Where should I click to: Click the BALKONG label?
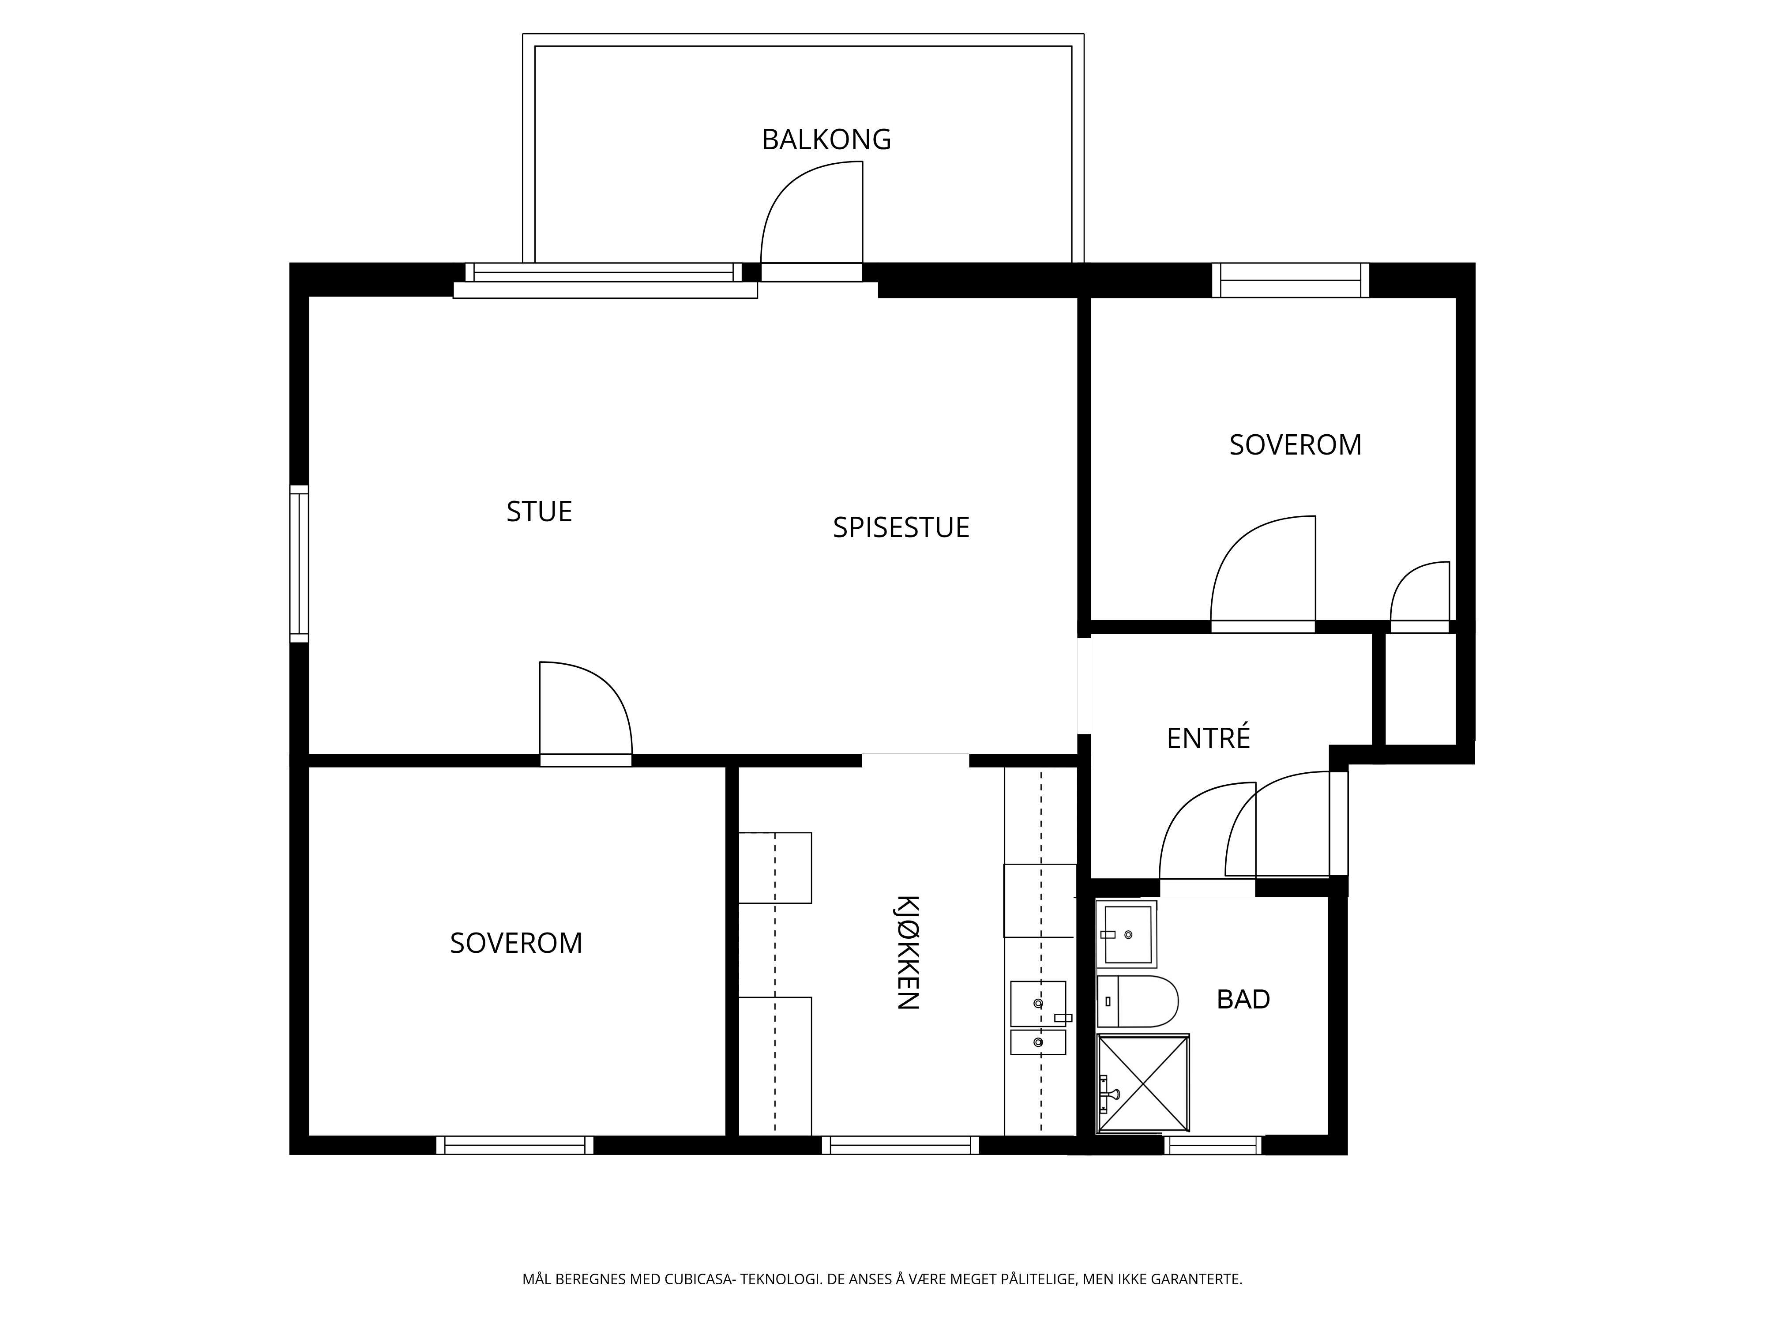pos(826,139)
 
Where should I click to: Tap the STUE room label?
pos(539,512)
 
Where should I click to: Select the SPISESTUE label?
pos(901,527)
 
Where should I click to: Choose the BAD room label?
pos(1243,999)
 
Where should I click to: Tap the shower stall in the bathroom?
pos(1143,1083)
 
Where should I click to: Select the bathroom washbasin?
pos(1127,934)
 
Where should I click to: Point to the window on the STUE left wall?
pos(298,564)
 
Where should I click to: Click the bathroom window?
pos(1213,1145)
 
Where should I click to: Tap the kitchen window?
pos(900,1145)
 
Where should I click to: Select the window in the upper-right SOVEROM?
pos(1290,280)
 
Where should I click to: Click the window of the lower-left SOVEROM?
pos(514,1145)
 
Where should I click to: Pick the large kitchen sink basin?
pos(1038,1003)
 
